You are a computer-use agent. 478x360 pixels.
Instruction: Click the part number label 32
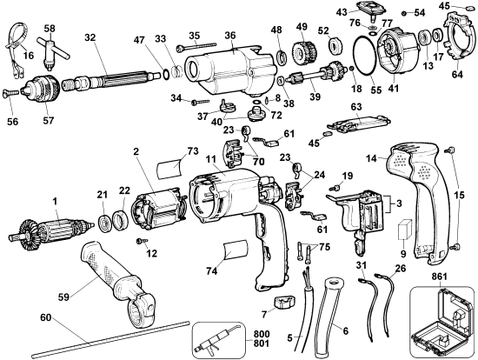(90, 37)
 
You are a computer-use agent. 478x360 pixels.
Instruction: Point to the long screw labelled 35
(199, 46)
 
